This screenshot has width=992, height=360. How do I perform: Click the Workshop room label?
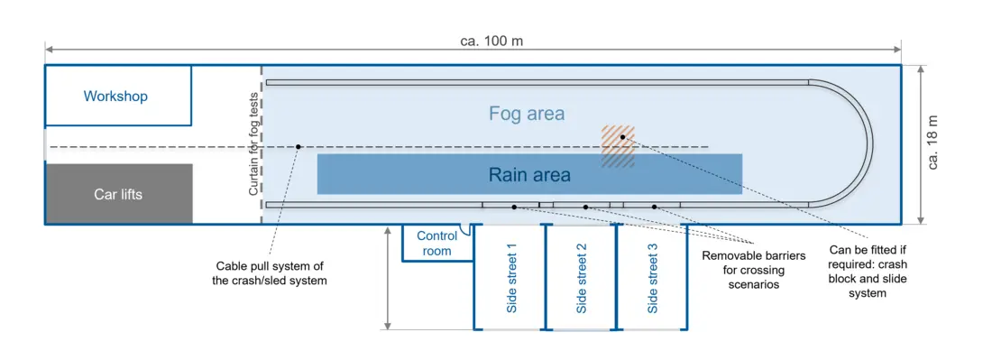(x=115, y=97)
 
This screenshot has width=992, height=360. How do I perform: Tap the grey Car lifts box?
(x=119, y=194)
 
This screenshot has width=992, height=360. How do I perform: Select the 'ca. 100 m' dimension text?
(x=491, y=42)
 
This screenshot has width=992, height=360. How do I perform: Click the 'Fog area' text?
(x=527, y=114)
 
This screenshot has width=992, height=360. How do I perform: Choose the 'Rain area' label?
(x=529, y=174)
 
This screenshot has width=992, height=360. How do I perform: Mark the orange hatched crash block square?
(x=618, y=147)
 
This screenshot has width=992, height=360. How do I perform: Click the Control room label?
(x=436, y=244)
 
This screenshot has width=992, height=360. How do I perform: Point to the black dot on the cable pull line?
(x=298, y=147)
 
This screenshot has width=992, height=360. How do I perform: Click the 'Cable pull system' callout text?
(x=270, y=273)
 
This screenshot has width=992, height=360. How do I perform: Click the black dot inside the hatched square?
(x=622, y=136)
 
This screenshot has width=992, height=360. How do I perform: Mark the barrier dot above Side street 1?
(x=514, y=207)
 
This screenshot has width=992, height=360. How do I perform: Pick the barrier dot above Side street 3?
(x=655, y=207)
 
